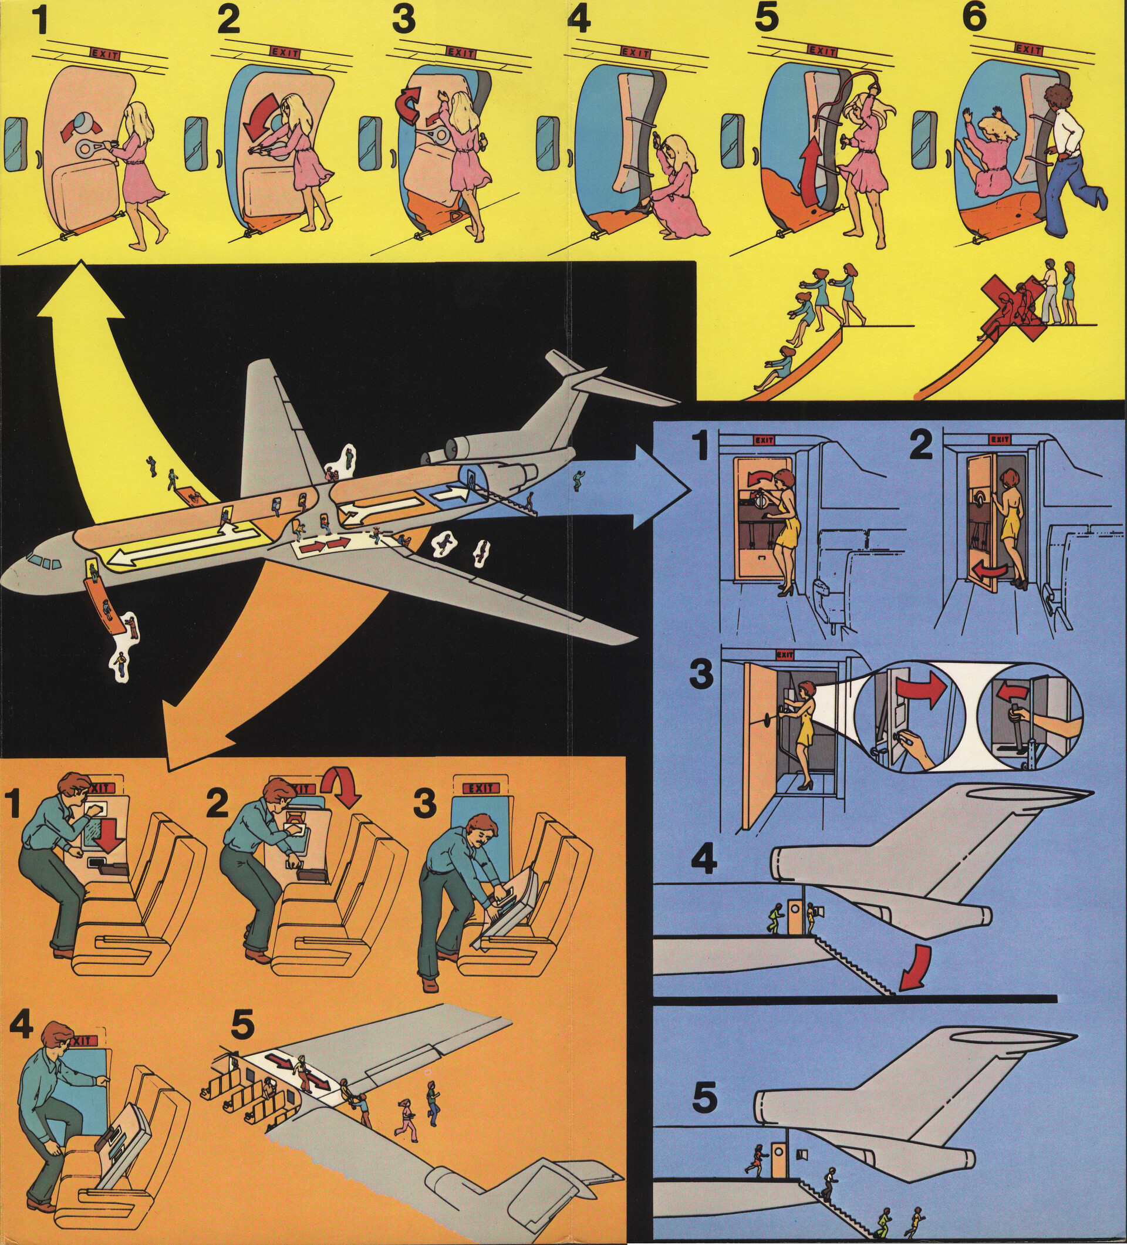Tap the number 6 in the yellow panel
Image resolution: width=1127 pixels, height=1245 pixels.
pos(974,19)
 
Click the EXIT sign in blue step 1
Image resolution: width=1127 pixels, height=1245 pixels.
pos(764,440)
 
